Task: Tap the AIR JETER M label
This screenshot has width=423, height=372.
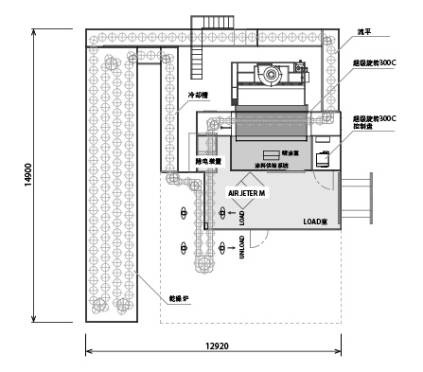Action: click(x=249, y=192)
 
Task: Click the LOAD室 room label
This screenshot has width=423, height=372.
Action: click(x=315, y=221)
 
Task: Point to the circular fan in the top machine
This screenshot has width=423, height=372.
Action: click(x=273, y=73)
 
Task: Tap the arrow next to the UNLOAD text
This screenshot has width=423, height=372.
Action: click(x=222, y=248)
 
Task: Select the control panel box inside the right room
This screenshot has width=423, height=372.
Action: click(x=322, y=157)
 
